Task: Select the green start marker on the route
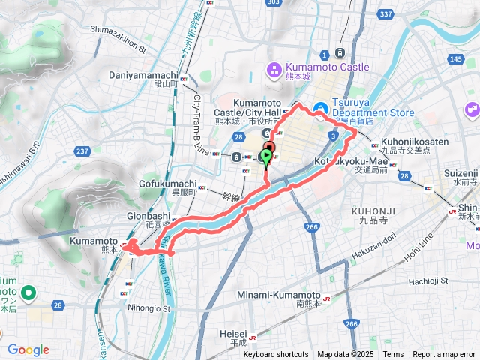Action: pos(266,156)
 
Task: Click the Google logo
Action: pos(28,349)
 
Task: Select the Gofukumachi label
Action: pos(167,184)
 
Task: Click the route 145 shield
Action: pos(455,59)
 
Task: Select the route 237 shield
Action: pos(82,152)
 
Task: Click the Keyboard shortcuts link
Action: pos(275,354)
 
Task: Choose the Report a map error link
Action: pos(444,354)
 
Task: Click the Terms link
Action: pos(393,354)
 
